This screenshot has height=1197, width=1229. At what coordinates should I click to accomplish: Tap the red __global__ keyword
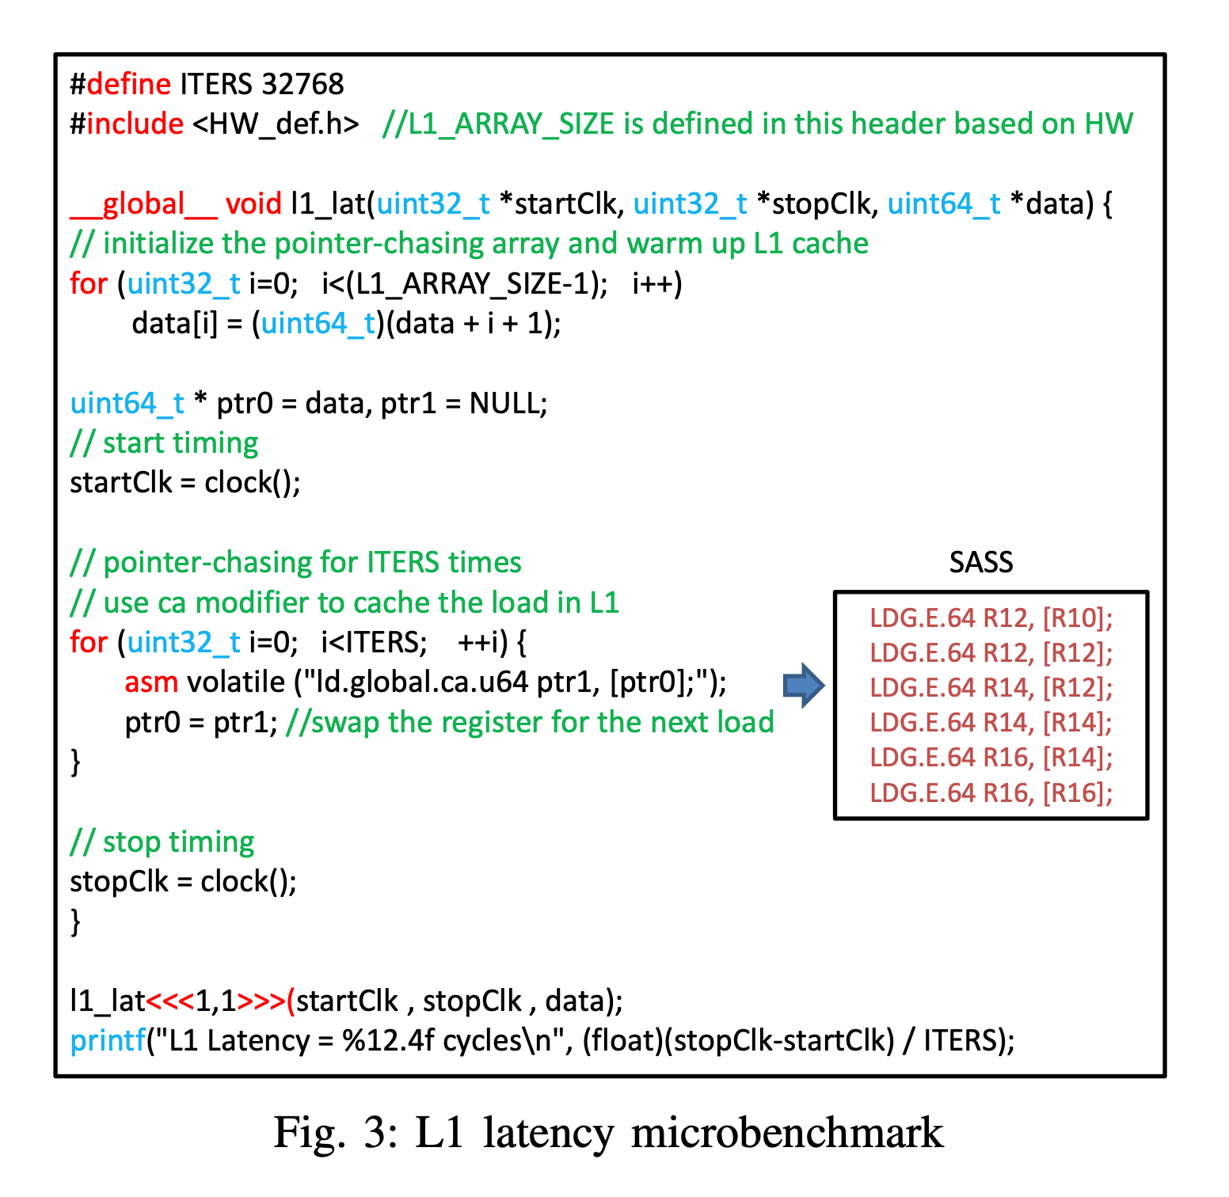143,204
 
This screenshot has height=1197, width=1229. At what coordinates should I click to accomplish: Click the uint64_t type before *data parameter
943,204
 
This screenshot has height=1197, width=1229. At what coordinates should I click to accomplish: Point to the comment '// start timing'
164,443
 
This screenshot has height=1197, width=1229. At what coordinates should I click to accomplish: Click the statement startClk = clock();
185,483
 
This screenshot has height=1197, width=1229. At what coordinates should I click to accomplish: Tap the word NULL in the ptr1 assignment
504,404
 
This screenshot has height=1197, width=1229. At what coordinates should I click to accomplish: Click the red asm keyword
151,682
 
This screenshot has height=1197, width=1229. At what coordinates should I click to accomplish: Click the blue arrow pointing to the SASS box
803,685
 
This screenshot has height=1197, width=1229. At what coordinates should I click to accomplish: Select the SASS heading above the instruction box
981,563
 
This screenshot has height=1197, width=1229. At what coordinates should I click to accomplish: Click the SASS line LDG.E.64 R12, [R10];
991,617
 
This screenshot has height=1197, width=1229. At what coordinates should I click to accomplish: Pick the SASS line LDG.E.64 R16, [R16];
991,792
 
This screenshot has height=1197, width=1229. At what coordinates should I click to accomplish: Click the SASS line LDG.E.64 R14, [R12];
991,687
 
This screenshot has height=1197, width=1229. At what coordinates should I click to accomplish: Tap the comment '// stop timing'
162,842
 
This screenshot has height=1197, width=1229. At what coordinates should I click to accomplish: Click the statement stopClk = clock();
183,881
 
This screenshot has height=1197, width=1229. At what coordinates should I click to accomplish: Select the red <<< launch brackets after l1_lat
170,1001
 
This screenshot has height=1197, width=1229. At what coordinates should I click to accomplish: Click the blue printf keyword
107,1041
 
